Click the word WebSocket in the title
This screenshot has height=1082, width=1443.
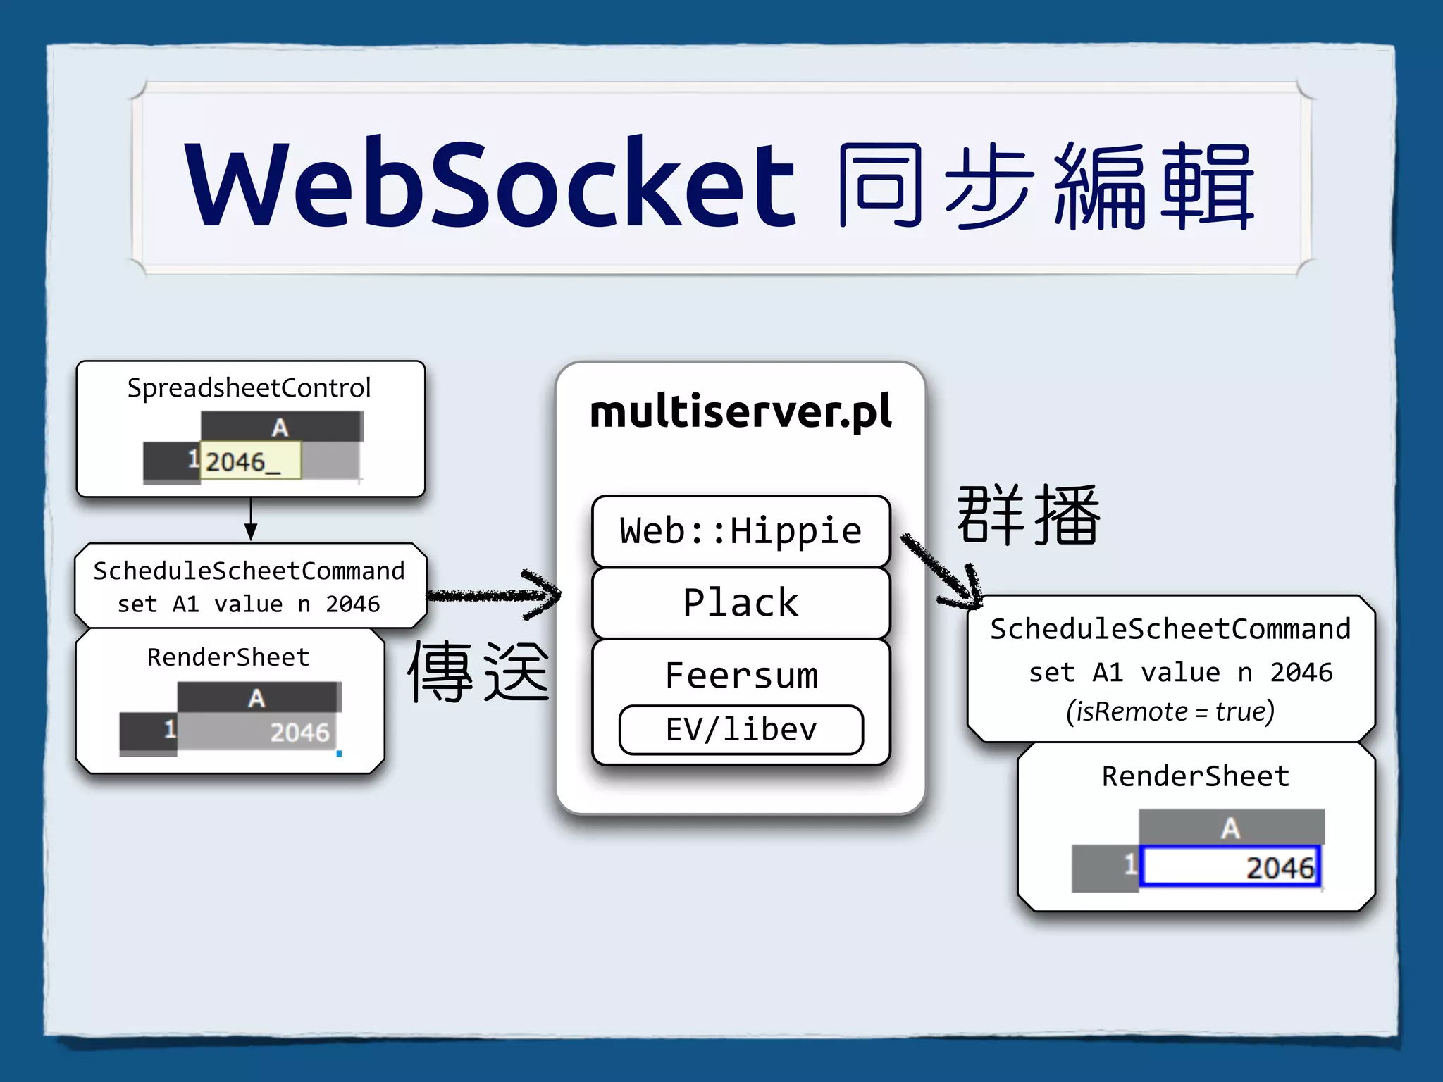(x=490, y=185)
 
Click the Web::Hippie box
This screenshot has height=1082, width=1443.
(x=741, y=531)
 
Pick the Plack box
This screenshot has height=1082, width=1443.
(x=741, y=603)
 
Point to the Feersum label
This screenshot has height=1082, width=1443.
(x=741, y=676)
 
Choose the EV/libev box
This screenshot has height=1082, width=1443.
(x=741, y=730)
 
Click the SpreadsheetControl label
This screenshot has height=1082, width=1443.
(x=249, y=388)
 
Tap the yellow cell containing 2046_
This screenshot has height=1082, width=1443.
(x=250, y=461)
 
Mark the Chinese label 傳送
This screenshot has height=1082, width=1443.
(x=478, y=671)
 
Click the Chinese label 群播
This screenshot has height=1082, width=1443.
(x=1028, y=516)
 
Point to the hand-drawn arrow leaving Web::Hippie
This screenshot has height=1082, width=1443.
(x=941, y=571)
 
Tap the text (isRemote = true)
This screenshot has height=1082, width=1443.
(x=1170, y=711)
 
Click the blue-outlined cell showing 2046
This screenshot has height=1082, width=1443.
(x=1230, y=867)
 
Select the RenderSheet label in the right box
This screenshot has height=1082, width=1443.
(x=1196, y=776)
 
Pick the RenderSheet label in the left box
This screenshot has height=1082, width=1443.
(x=228, y=657)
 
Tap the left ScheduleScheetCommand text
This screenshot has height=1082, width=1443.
(x=249, y=571)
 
